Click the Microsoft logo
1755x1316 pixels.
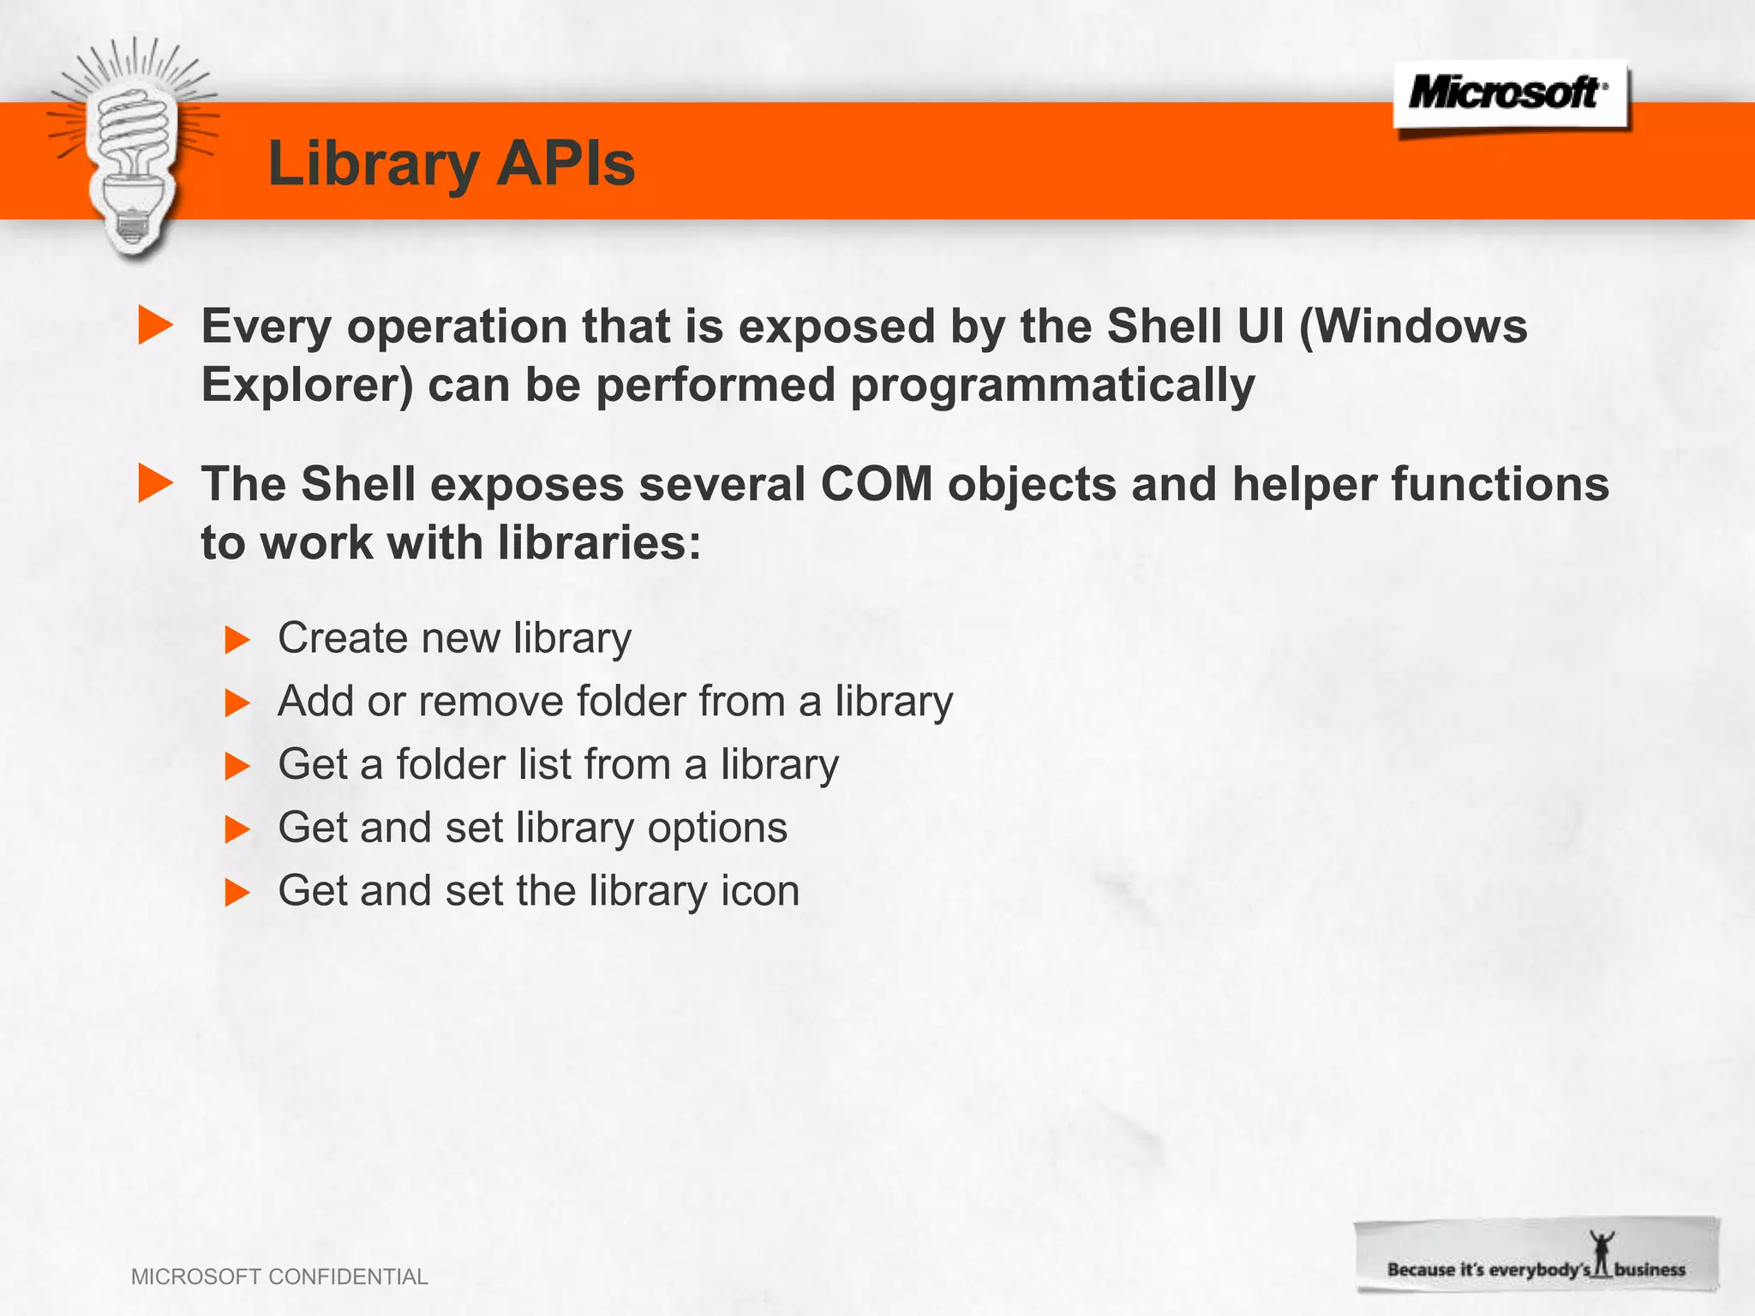coord(1508,93)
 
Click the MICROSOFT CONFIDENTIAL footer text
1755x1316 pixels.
coord(279,1277)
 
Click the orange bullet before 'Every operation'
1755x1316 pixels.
coord(155,326)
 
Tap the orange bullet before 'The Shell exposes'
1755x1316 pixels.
coord(155,483)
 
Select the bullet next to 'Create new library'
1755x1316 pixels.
coord(237,639)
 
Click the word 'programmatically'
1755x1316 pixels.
coord(1052,385)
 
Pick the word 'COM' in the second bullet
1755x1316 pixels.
coord(876,483)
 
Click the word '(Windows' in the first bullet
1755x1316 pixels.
coord(1413,326)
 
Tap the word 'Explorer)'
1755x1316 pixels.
coord(307,385)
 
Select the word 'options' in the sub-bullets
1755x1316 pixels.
coord(717,828)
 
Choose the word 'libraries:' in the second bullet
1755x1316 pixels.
coord(599,542)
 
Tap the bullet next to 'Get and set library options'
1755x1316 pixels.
coord(237,829)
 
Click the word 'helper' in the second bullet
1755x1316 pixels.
coord(1304,483)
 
